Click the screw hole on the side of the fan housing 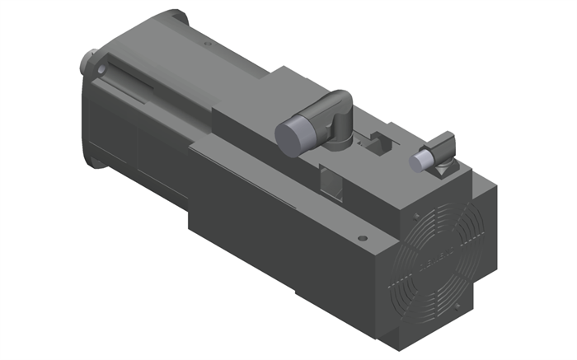pyautogui.click(x=362, y=239)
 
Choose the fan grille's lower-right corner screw pyautogui.click(x=457, y=309)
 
